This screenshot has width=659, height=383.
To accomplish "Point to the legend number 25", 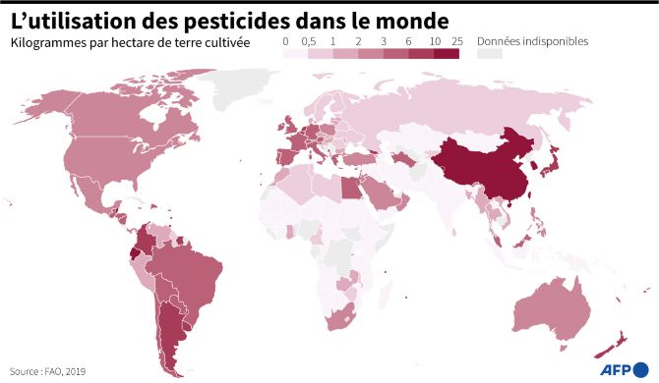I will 455,42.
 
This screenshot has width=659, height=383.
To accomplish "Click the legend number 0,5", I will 308,42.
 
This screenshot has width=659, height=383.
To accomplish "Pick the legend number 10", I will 433,42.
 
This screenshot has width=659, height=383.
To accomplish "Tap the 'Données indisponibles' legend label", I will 532,42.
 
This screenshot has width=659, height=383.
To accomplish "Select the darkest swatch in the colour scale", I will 446,55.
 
